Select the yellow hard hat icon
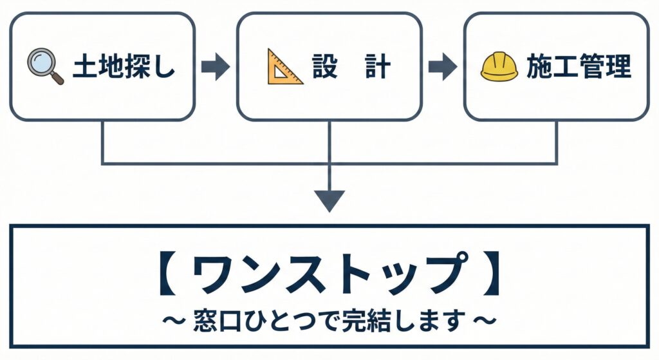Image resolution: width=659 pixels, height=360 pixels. click(499, 67)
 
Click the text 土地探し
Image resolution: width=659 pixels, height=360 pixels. click(124, 67)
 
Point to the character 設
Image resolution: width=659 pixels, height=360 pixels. click(324, 67)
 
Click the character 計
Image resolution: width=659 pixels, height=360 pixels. click(378, 67)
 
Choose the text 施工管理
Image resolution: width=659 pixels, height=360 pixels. click(579, 67)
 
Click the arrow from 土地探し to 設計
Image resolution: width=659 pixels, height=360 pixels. click(215, 67)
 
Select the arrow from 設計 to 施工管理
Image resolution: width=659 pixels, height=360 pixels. click(443, 67)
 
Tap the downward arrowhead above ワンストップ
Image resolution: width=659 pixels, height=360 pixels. click(329, 200)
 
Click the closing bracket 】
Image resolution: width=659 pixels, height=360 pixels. click(491, 276)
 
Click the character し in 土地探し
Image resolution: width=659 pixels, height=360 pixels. click(165, 68)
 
